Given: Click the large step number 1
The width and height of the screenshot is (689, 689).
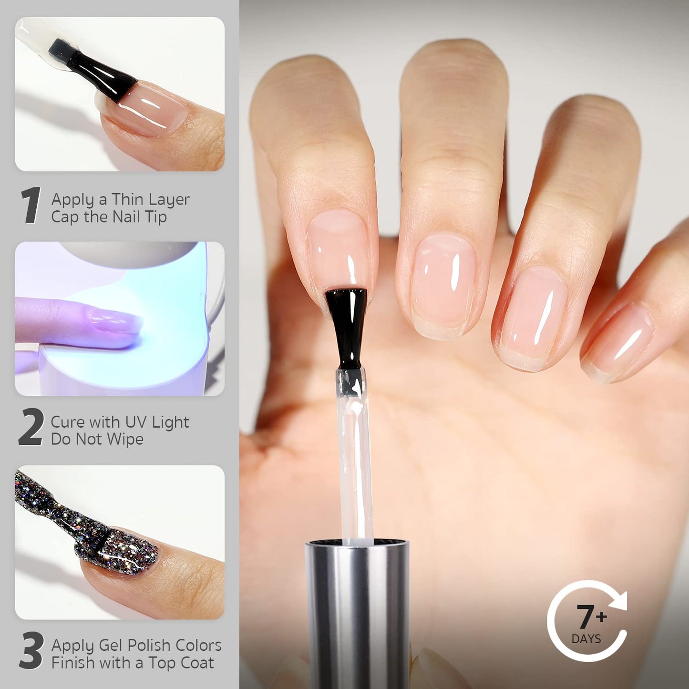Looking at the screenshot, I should [x=31, y=206].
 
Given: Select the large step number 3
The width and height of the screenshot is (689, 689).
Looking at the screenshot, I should [x=31, y=651].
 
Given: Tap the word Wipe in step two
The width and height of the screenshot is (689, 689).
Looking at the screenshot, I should [x=125, y=439].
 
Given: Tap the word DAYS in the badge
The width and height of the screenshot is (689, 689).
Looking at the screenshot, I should [x=586, y=639].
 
